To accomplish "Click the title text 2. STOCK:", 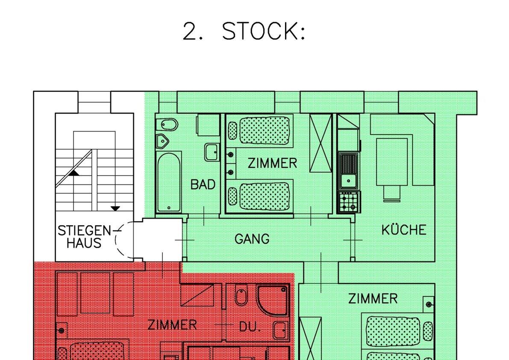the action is coord(244,31).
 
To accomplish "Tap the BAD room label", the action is coord(203,184).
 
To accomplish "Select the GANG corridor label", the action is coord(252,239).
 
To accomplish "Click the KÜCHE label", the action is coord(404,230).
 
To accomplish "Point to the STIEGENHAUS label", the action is coord(84,237).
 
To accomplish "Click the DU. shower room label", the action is coord(250,327).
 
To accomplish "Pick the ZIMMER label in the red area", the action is coord(172,325).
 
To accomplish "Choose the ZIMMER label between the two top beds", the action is coord(272,163).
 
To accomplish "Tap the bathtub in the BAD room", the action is coord(168,182).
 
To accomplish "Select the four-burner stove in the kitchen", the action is coord(349,202).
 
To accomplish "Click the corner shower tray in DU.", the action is coord(273,300).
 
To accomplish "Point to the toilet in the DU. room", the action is coord(241,296).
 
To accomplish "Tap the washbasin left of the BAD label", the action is coord(211,152).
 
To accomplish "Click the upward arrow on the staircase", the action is coord(74,173).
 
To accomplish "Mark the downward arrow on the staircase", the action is coord(115,208).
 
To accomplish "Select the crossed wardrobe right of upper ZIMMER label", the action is coord(321,143).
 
